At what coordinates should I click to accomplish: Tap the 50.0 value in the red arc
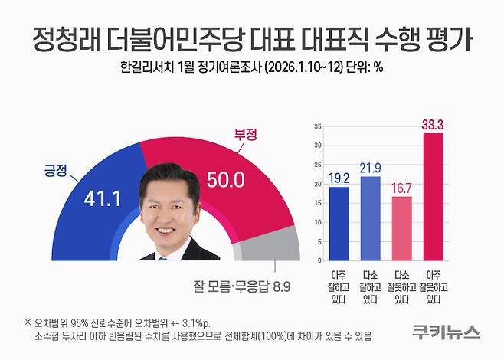click(x=226, y=180)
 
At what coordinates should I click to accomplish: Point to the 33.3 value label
click(x=434, y=123)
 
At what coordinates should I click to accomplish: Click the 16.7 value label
click(x=401, y=188)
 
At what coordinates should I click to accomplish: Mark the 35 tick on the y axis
click(x=316, y=124)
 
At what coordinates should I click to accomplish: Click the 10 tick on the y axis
click(x=316, y=223)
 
